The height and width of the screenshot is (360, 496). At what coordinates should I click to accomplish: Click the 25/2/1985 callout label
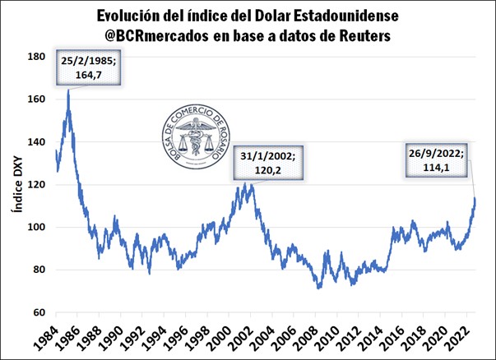(91, 67)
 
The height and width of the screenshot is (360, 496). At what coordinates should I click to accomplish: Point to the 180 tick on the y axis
(36, 57)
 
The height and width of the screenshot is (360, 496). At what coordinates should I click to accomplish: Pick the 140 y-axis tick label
(36, 142)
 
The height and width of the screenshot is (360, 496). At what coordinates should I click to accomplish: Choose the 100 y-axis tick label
(36, 227)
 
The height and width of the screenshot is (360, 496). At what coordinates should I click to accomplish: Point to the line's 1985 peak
(68, 90)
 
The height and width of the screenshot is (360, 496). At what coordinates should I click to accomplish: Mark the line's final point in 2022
(475, 197)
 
